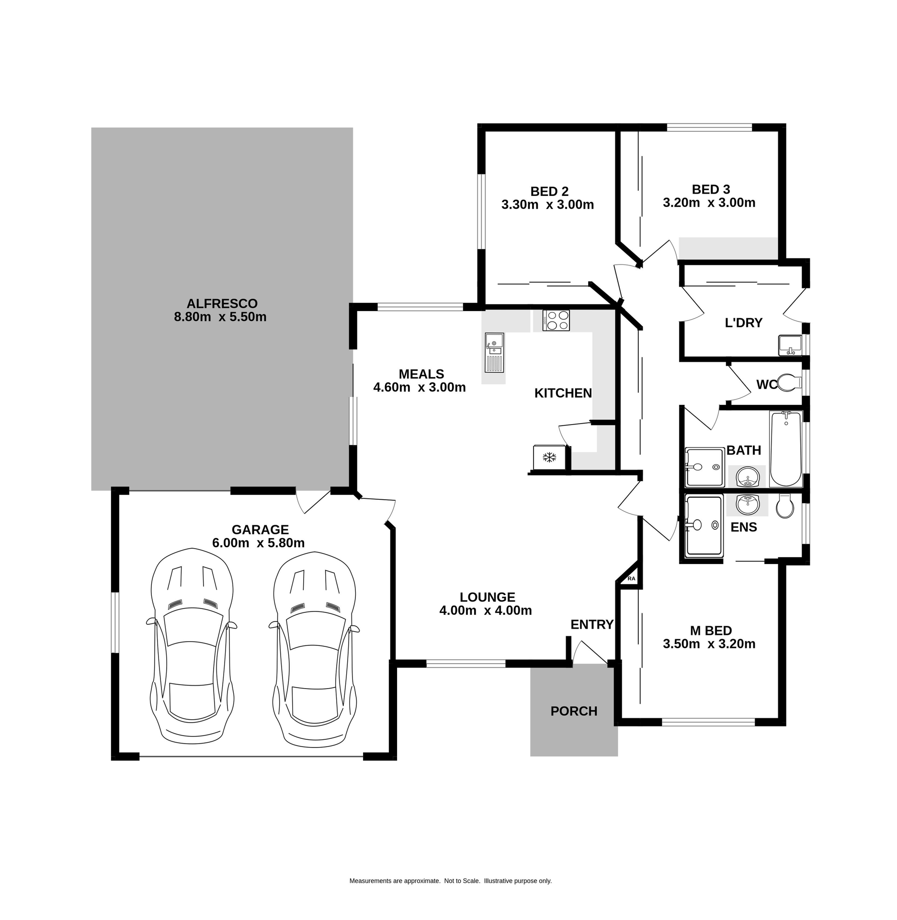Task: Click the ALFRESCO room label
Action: tap(222, 303)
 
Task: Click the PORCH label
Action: tap(574, 711)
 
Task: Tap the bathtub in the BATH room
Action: tap(785, 448)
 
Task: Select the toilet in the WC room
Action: tap(789, 382)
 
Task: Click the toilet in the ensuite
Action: tap(785, 506)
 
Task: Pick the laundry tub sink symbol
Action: tap(790, 345)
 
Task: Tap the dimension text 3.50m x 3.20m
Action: tap(709, 644)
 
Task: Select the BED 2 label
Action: tap(549, 191)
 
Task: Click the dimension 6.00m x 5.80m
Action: tap(258, 543)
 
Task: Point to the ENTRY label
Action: tap(591, 624)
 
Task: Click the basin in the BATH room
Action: tap(747, 477)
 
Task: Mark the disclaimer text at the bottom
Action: tap(450, 880)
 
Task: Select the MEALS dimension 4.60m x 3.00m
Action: tap(419, 387)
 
